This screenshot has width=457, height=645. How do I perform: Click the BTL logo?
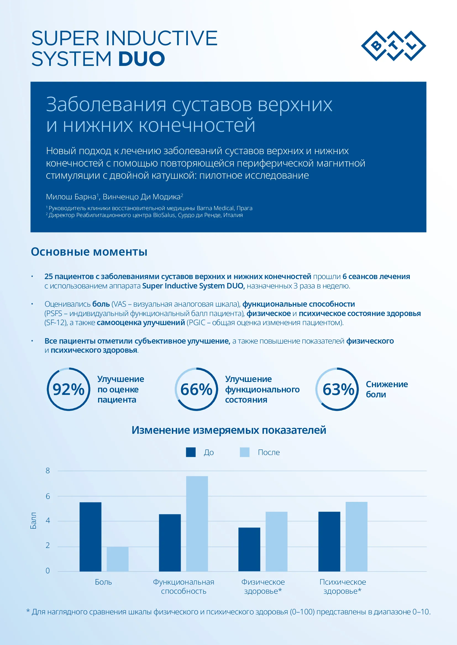tap(393, 46)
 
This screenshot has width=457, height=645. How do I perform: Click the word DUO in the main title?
tap(141, 59)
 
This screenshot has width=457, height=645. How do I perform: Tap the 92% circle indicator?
tap(68, 389)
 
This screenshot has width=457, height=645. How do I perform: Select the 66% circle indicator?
tap(196, 389)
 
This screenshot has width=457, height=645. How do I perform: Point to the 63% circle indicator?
tap(337, 389)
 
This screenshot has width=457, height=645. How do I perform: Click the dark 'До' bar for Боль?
tap(90, 537)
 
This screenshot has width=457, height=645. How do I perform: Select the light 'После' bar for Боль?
tap(118, 559)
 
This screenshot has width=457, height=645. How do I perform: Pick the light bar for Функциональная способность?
tap(197, 524)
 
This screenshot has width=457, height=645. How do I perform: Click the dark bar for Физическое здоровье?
tap(249, 549)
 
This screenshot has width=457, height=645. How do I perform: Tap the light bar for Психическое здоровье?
tap(356, 537)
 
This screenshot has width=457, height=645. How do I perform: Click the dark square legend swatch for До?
tap(191, 452)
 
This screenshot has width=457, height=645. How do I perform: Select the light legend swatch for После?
tap(245, 452)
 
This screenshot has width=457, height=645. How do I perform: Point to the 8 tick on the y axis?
tap(48, 470)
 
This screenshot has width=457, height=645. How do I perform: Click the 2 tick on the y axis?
tap(48, 545)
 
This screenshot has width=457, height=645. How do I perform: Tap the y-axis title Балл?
tap(33, 521)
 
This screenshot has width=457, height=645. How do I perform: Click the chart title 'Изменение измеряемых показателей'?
tap(229, 430)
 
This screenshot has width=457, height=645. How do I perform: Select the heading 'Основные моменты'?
tap(89, 252)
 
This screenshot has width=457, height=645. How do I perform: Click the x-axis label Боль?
tap(103, 582)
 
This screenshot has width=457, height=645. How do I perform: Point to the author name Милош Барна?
tap(71, 197)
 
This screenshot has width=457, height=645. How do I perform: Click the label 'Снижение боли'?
tap(387, 389)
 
